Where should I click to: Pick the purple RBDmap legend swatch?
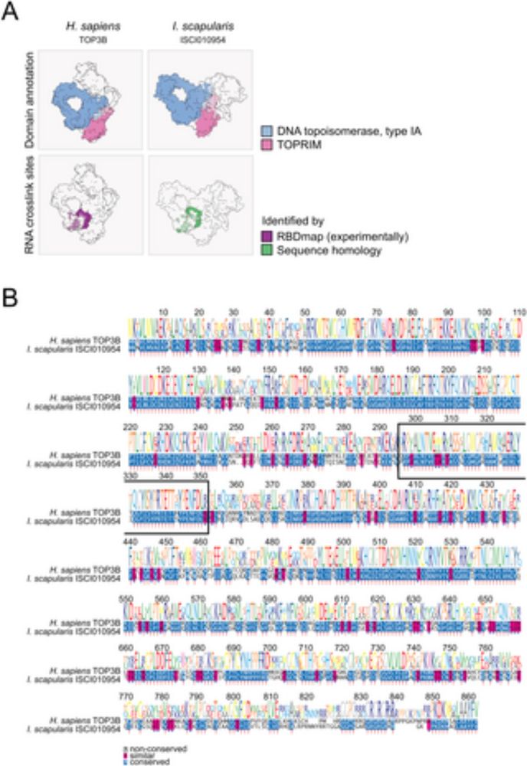(264, 235)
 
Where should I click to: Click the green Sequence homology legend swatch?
(264, 249)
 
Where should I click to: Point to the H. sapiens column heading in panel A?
(90, 26)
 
